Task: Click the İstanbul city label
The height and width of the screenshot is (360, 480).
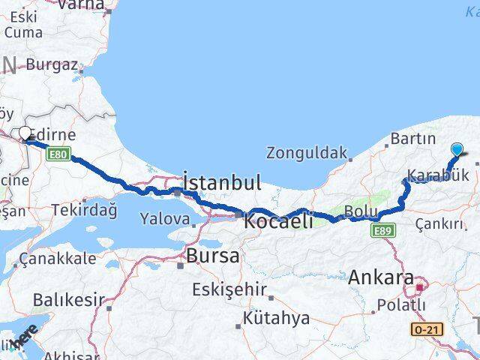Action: tap(223, 182)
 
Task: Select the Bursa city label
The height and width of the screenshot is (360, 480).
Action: tap(214, 255)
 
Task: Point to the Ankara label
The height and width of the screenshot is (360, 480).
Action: tap(381, 278)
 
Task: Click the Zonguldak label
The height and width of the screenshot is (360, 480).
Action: tap(307, 152)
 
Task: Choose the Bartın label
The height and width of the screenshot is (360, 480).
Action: tap(412, 139)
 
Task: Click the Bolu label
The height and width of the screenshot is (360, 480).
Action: tap(361, 211)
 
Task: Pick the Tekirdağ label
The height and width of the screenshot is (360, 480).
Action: tap(88, 210)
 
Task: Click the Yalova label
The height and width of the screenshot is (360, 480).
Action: tap(164, 220)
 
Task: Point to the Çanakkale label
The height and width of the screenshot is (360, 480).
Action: tap(58, 259)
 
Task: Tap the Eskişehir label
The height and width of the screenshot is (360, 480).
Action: tap(229, 289)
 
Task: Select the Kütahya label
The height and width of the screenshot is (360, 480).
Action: tap(276, 318)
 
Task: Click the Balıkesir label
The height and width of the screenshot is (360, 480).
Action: tap(68, 300)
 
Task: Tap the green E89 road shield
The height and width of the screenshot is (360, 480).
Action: tap(383, 230)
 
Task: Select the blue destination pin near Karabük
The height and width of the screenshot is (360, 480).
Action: tap(457, 148)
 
